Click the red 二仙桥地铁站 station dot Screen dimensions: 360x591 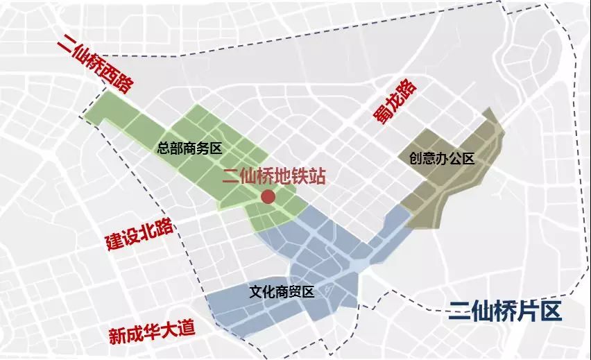point(268,198)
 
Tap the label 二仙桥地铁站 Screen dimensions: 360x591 point(273,176)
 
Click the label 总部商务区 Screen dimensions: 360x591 point(189,148)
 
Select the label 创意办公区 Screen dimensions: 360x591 point(442,159)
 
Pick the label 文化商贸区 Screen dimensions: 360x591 point(282,292)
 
